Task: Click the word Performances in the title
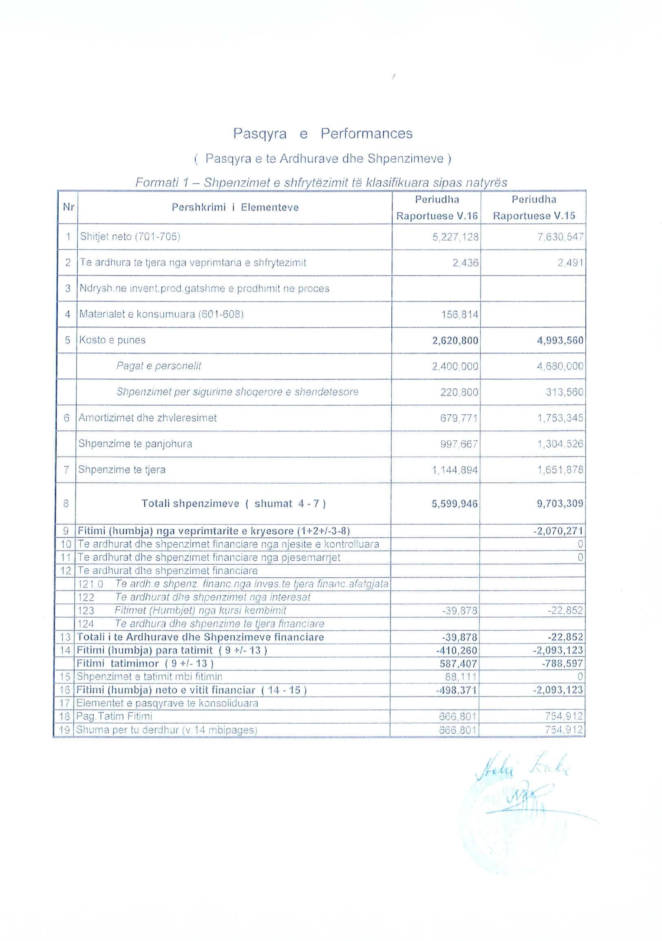pos(366,134)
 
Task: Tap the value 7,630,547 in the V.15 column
pos(560,237)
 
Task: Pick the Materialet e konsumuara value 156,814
pos(459,315)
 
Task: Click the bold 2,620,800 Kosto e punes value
pos(455,340)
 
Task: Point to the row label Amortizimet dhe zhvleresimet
pos(148,418)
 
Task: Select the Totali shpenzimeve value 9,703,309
pos(560,503)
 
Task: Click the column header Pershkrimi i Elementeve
pos(235,208)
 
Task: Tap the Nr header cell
pos(68,207)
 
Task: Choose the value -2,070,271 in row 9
pos(558,531)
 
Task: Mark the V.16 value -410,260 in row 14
pos(457,650)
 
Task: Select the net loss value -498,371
pos(457,690)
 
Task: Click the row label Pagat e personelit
pos(159,366)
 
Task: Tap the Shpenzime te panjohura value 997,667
pos(459,444)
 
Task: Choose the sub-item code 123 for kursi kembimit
pos(86,611)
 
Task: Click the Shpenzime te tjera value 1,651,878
pos(560,470)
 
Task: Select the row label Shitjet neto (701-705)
pos(130,237)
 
